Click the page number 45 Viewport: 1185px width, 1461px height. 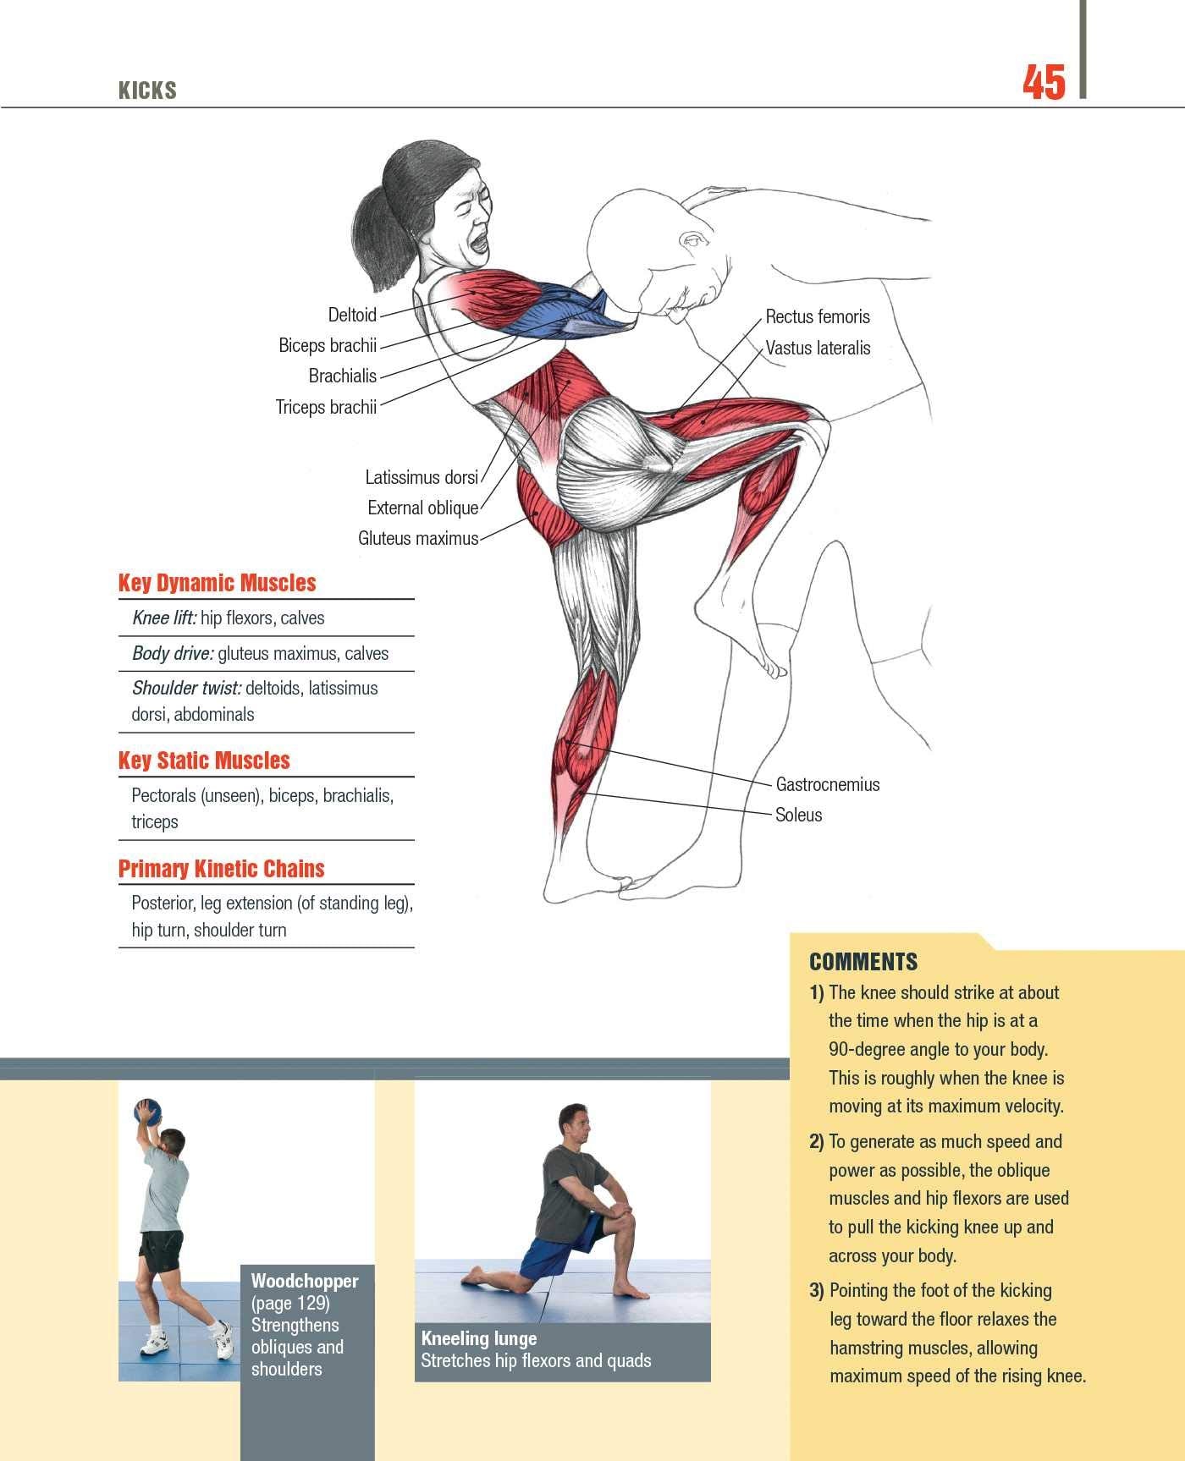click(x=1044, y=84)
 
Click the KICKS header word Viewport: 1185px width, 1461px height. click(x=147, y=91)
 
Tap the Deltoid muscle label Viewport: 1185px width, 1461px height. click(x=351, y=315)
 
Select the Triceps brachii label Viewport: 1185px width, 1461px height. click(x=326, y=407)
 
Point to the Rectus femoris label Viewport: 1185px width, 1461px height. click(x=817, y=316)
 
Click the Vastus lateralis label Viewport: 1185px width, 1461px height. click(x=818, y=348)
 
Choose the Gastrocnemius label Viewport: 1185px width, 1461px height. click(x=827, y=784)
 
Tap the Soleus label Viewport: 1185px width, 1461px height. click(x=798, y=815)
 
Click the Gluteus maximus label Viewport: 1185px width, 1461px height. click(x=418, y=538)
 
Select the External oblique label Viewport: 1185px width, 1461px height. click(x=422, y=508)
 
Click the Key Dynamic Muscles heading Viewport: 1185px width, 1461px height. click(x=217, y=583)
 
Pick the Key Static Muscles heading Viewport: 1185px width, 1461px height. click(x=204, y=761)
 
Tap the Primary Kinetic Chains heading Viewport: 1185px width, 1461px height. click(x=221, y=869)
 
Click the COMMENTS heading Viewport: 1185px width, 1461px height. click(x=863, y=962)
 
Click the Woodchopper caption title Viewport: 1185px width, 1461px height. click(x=305, y=1281)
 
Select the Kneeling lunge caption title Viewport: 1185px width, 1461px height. click(x=478, y=1338)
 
